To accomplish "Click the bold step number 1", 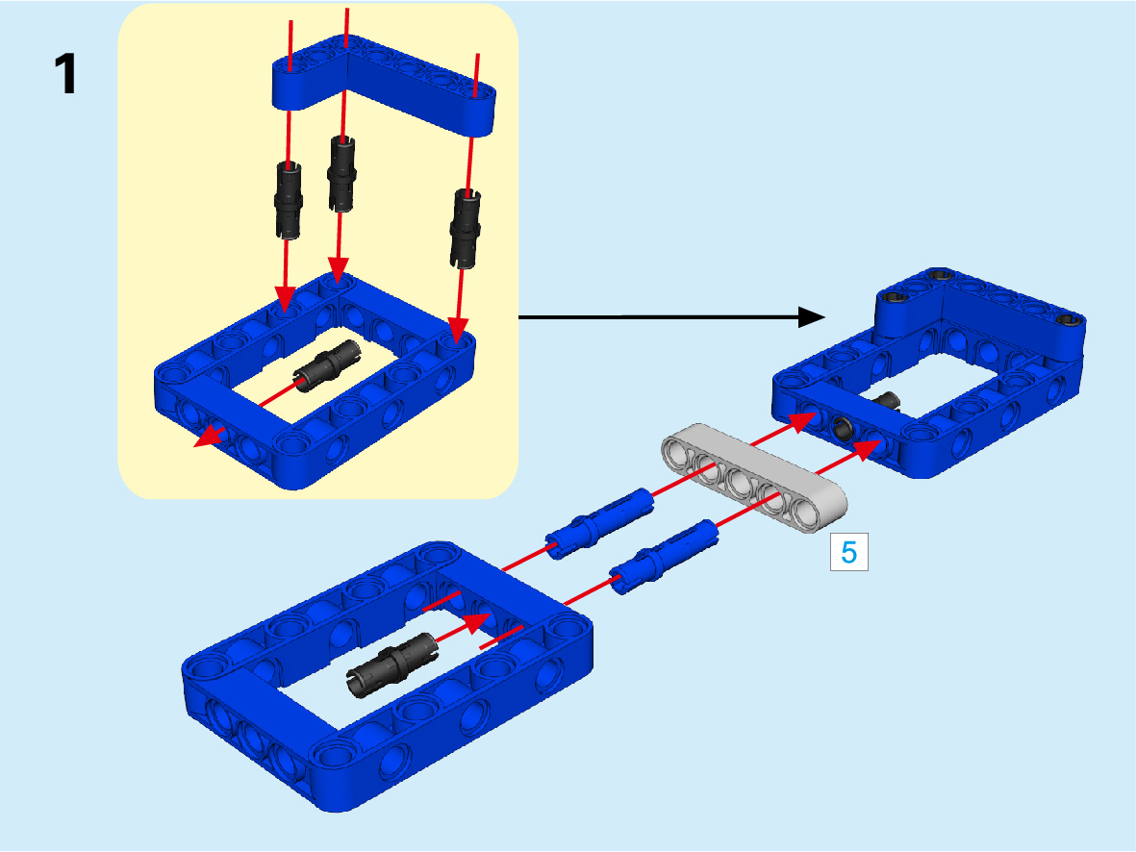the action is coord(65,74).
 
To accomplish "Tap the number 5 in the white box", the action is coord(849,553).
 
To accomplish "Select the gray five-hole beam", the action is coord(753,478).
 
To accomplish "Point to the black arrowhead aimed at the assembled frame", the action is coord(812,316).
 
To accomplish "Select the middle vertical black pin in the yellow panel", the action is coord(341,174).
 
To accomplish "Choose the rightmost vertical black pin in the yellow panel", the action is coord(466,228).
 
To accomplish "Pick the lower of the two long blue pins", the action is coord(665,557).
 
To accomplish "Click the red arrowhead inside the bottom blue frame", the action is coord(478,622).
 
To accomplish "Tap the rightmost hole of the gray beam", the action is coord(806,511).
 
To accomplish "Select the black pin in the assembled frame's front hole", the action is coord(843,429).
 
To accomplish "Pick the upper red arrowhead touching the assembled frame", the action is coord(803,420).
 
